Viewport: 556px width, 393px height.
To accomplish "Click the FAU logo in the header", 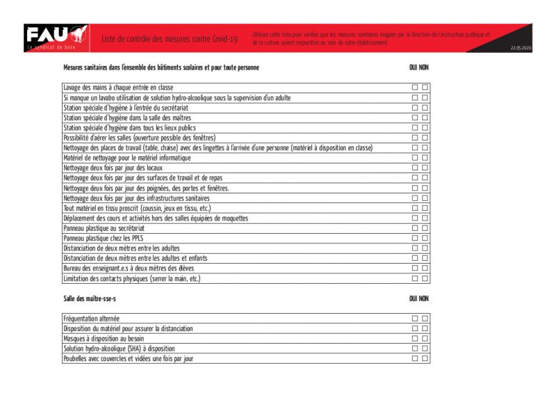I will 55,37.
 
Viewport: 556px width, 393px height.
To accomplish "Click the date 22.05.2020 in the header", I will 520,48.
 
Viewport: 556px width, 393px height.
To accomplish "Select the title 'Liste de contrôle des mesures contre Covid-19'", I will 169,39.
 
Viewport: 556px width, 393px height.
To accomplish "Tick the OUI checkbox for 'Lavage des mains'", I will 415,88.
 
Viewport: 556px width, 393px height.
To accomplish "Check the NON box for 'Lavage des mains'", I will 425,88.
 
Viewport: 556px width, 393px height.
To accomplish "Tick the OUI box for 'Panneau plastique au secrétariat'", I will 415,228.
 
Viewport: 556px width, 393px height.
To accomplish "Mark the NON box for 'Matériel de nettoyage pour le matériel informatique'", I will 425,158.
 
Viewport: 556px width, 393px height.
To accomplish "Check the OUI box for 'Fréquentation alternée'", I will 415,319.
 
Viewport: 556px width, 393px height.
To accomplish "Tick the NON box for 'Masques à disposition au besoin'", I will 425,338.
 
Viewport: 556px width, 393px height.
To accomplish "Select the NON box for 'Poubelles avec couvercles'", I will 425,358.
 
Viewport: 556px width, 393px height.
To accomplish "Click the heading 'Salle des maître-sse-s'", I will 90,298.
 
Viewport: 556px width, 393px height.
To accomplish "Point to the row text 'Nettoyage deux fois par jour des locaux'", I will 113,168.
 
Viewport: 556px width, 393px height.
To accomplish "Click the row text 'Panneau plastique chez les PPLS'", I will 103,238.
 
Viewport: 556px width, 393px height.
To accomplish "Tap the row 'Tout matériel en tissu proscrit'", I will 136,208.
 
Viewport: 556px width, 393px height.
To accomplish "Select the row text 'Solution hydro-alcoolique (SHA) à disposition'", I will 119,348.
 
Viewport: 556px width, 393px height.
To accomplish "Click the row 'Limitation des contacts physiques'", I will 131,278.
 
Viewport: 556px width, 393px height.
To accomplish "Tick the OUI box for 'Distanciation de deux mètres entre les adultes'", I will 415,248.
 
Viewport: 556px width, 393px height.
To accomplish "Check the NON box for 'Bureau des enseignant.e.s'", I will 425,268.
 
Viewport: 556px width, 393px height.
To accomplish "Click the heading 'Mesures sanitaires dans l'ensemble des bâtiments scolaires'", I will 161,67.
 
